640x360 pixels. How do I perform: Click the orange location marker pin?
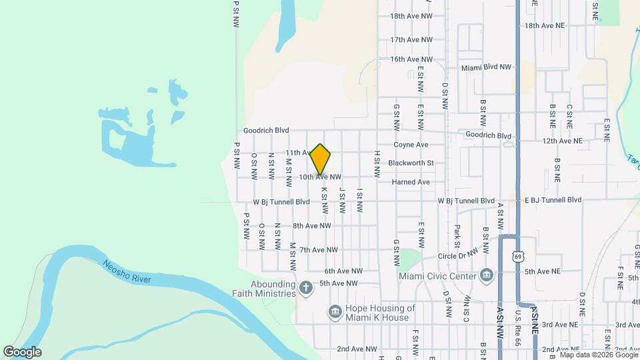coord(321,159)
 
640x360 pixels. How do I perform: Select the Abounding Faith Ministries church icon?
coord(306,288)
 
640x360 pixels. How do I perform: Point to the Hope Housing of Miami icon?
coord(335,311)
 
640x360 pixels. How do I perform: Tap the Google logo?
coord(22,352)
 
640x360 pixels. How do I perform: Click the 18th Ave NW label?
coord(411,15)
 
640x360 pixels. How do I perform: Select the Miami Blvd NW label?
coord(487,67)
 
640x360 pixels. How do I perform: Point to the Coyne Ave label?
coord(411,144)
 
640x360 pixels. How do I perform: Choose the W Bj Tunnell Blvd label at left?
coord(281,201)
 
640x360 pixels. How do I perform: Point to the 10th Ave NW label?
coord(320,177)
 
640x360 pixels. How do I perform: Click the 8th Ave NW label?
coord(311,226)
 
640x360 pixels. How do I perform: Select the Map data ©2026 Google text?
coord(599,355)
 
